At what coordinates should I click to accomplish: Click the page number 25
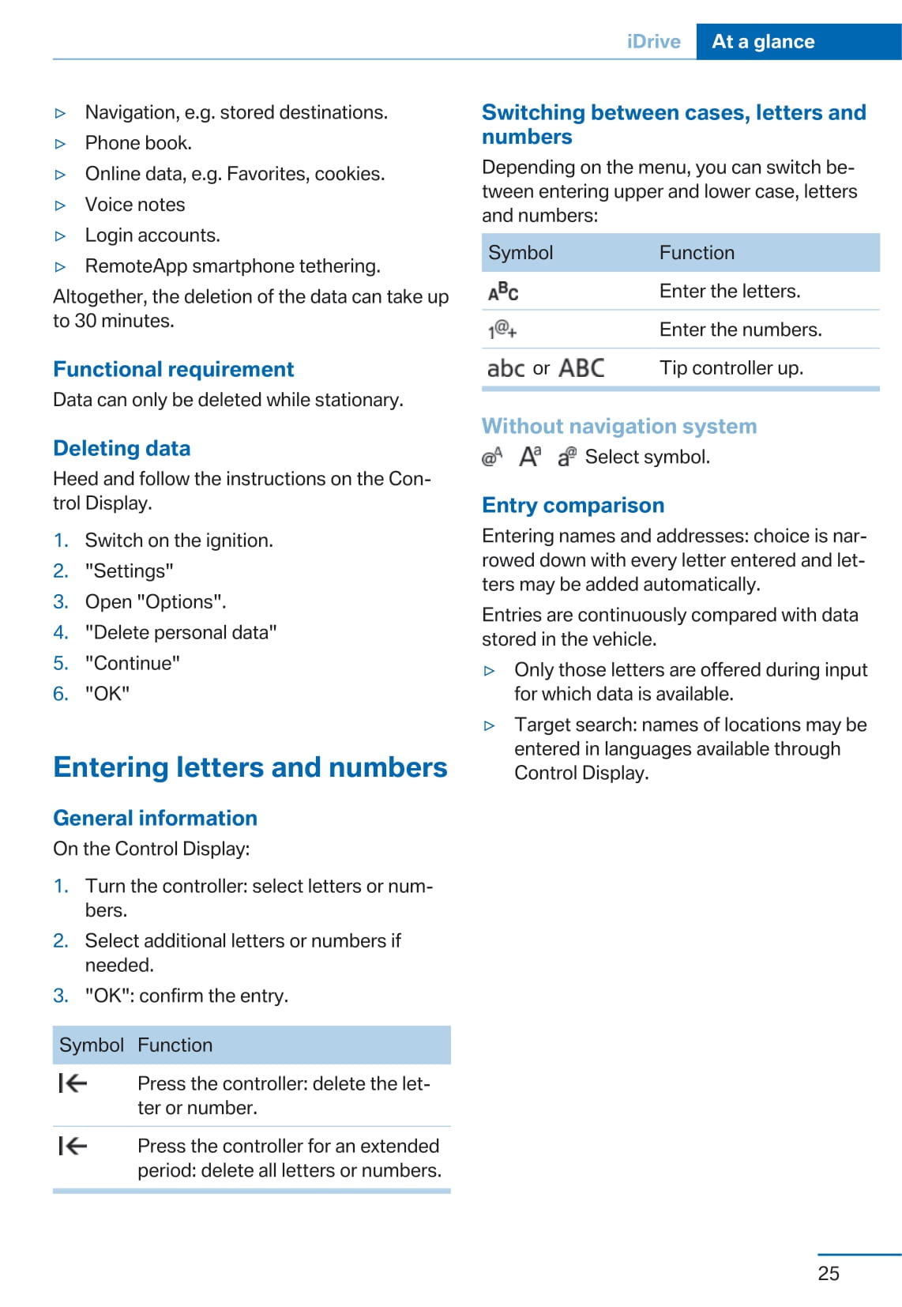829,1273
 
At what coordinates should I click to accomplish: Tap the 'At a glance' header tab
763,42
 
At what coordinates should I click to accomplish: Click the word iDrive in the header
653,42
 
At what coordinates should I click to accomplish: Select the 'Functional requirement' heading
173,369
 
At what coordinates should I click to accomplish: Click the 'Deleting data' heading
122,448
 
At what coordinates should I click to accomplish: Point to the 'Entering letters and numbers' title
250,767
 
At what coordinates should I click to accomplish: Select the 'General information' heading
155,818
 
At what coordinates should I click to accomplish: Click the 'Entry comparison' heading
573,505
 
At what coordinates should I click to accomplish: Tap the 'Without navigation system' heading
618,426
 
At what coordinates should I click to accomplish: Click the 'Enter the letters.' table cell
730,291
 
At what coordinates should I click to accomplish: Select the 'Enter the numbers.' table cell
740,330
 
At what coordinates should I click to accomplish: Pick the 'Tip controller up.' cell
731,367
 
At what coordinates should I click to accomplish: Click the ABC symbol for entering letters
503,292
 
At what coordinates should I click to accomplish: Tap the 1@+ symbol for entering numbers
502,330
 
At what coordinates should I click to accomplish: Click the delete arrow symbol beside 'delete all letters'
73,1146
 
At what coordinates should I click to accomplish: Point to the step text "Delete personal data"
181,632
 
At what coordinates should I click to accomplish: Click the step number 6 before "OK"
60,694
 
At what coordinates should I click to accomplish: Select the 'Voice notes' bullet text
135,205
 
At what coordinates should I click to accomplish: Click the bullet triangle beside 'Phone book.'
61,144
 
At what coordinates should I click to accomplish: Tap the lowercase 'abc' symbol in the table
505,368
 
